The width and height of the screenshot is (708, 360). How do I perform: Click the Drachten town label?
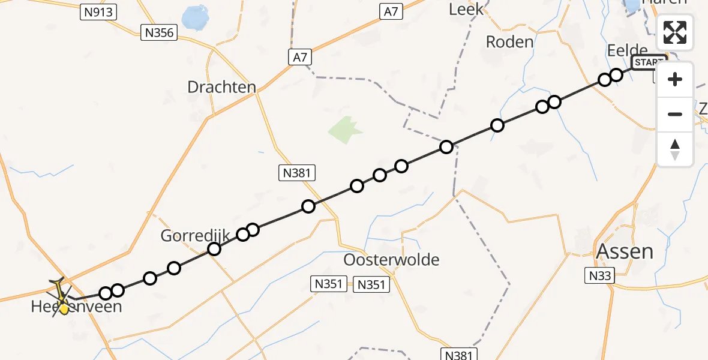tap(221, 87)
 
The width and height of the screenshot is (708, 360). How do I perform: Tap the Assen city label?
tap(623, 251)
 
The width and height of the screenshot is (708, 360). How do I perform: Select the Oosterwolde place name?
tap(391, 260)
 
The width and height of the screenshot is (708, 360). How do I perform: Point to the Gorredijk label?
tap(195, 236)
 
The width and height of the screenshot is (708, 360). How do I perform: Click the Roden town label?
tap(509, 42)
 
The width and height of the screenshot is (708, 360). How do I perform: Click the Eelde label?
tap(627, 50)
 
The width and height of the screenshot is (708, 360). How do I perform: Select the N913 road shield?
tap(98, 12)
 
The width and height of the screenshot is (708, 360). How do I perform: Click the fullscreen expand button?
tap(675, 32)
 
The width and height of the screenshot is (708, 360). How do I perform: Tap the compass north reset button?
tap(675, 149)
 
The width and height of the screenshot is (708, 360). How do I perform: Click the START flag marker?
tap(649, 62)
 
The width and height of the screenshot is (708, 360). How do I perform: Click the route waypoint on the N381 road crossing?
tap(308, 206)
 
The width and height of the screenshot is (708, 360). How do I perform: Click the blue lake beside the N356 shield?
tap(194, 19)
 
